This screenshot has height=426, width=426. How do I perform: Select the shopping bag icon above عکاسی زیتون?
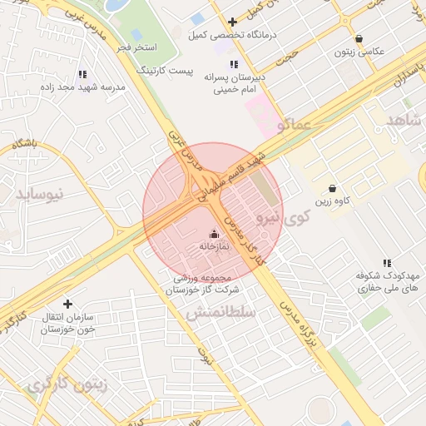click(359, 38)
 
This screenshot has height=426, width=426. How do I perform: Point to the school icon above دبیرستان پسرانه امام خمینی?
click(234, 64)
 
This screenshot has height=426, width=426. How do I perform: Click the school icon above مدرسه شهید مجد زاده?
click(82, 73)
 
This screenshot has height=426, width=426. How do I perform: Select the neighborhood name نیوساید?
click(40, 194)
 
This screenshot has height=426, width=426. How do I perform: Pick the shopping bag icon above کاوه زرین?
click(333, 188)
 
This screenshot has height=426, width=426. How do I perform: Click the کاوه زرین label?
click(332, 201)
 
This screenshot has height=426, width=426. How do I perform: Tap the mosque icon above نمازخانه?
click(214, 234)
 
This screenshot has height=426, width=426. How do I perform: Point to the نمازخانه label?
click(214, 247)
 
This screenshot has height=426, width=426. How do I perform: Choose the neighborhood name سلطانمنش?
click(220, 312)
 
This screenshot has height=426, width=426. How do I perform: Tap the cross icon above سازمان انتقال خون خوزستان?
click(67, 304)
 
